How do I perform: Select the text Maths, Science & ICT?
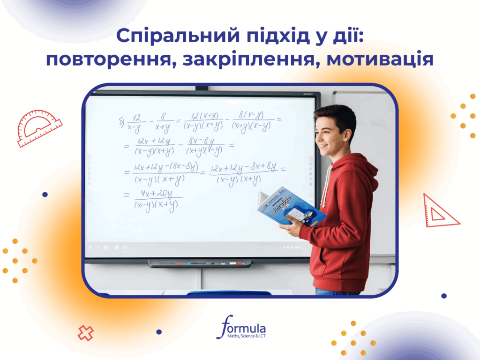pyautogui.click(x=246, y=336)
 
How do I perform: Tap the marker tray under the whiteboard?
pyautogui.click(x=199, y=263)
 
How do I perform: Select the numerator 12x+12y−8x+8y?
pyautogui.click(x=243, y=168)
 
